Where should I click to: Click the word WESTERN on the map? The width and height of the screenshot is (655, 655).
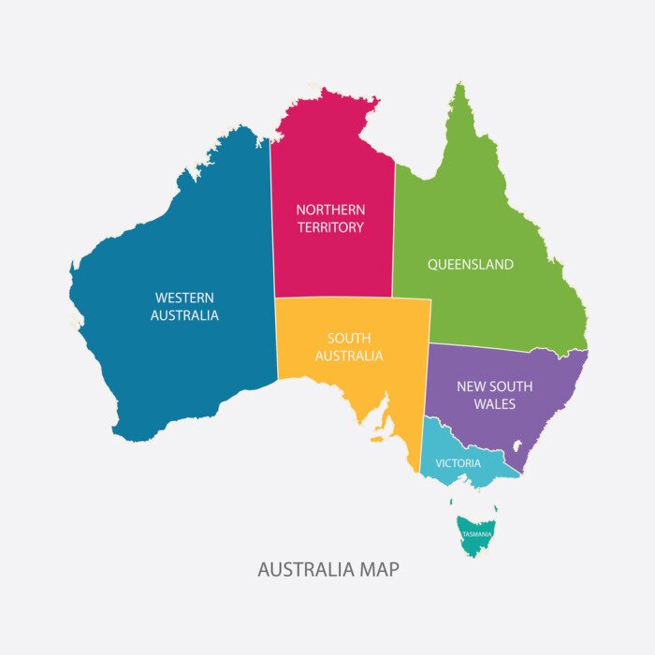pos(184,298)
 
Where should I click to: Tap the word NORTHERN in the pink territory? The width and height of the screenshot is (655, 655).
pos(330,210)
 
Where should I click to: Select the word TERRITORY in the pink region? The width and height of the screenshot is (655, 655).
pos(330,227)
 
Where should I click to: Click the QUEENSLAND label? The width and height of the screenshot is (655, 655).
pos(471,265)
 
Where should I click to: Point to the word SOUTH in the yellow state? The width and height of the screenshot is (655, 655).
pos(349,338)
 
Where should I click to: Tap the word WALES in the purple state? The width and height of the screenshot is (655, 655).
pos(494,404)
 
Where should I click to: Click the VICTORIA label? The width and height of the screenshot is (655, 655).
pos(458,463)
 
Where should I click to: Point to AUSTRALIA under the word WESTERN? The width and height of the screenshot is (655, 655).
pos(184,315)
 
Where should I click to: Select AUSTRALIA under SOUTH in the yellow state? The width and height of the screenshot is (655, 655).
pos(349,356)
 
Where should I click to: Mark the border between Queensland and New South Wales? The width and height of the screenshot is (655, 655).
pos(505,349)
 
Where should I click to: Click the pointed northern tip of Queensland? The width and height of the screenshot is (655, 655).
pos(458,85)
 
